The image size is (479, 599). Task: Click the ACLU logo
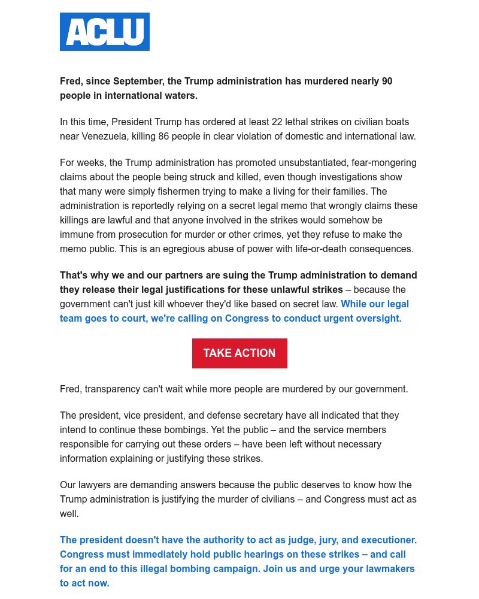[x=105, y=32]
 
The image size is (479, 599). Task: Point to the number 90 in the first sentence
[x=387, y=81]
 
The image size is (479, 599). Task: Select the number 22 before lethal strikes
[x=277, y=122]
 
